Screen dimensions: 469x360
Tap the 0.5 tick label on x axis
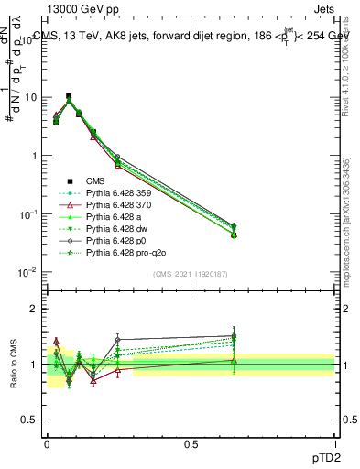click(x=191, y=442)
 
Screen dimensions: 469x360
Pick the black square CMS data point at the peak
click(x=69, y=96)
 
